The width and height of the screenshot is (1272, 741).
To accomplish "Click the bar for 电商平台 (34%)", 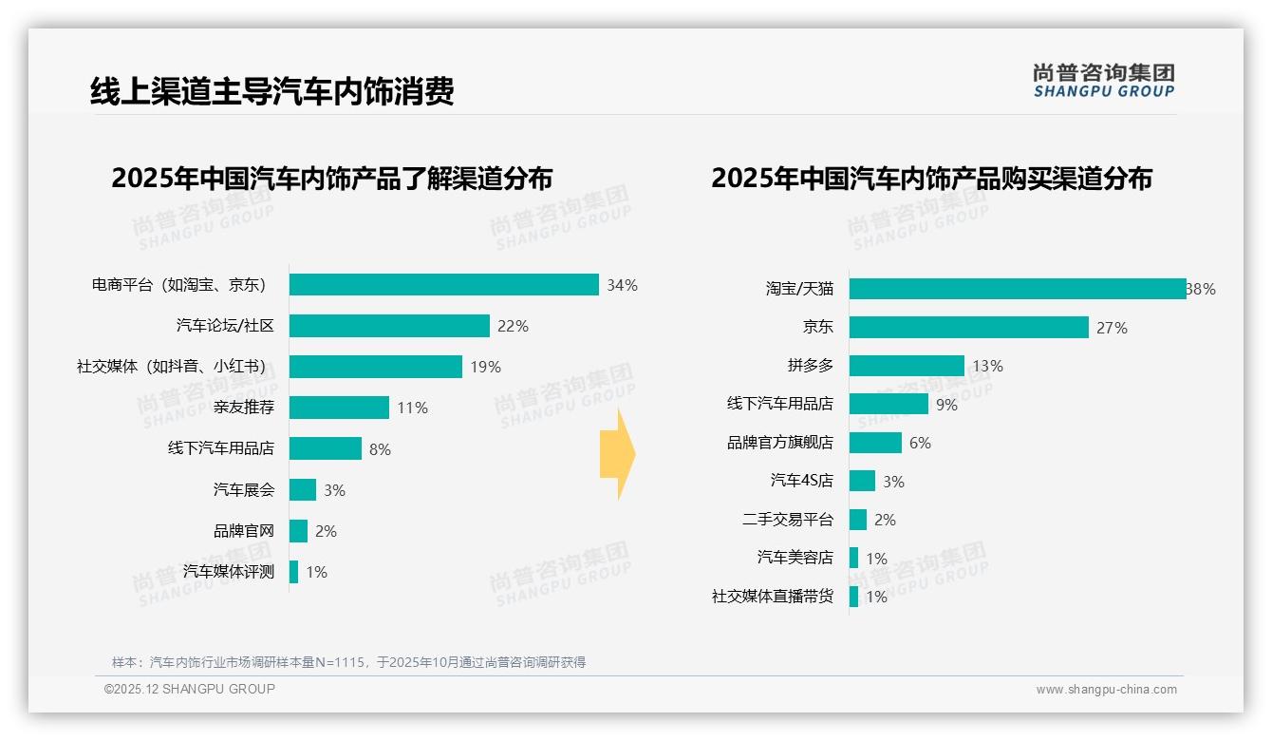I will [x=443, y=285].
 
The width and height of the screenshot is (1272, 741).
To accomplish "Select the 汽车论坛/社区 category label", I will [x=225, y=326].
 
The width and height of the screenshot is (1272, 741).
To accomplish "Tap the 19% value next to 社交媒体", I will [x=485, y=367].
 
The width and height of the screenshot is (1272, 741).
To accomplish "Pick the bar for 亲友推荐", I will [x=339, y=408].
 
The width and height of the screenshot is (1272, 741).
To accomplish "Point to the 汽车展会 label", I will [x=244, y=490].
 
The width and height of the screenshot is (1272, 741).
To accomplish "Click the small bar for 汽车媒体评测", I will [x=293, y=572].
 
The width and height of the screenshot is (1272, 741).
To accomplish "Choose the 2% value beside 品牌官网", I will [x=326, y=531].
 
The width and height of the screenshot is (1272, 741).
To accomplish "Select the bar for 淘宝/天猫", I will [x=1017, y=289].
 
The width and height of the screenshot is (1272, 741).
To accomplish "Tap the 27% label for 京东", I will [x=1112, y=328].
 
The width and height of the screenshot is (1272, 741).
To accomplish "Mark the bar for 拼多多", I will [x=907, y=366].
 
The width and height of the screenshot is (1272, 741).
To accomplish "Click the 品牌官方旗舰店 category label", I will [x=780, y=443].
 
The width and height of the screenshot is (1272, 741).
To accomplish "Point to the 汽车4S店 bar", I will [x=862, y=481].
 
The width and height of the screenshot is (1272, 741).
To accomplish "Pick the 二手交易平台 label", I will [x=788, y=520].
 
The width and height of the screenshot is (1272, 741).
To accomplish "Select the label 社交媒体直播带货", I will [x=773, y=597].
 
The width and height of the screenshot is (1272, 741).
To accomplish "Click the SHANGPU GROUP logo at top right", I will [x=1104, y=81].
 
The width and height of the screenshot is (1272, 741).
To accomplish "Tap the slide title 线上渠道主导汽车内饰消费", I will [x=272, y=91].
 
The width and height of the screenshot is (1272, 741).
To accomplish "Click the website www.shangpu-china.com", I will [x=1106, y=690].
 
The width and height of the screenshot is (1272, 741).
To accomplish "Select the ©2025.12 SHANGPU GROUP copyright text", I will [x=190, y=689].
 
